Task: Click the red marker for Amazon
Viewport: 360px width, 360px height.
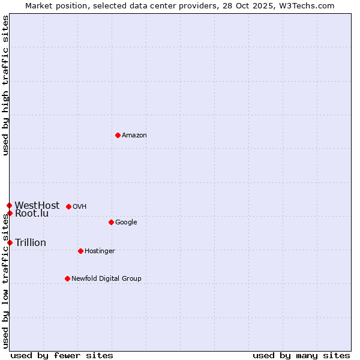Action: (118, 135)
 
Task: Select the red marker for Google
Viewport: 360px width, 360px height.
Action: (111, 222)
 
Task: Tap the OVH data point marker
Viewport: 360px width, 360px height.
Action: (68, 206)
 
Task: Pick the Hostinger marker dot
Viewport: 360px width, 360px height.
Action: (80, 251)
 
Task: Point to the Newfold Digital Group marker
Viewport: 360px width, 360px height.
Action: (67, 278)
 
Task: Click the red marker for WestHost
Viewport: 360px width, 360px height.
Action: (9, 205)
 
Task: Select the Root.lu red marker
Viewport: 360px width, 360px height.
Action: (10, 213)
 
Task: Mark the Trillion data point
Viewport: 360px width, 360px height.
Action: (10, 242)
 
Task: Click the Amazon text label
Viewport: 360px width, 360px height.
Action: (134, 136)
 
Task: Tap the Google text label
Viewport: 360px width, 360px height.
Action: (126, 223)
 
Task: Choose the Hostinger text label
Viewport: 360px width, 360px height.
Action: (100, 251)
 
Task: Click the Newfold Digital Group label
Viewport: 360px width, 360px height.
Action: (106, 279)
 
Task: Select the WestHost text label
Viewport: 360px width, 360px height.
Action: (37, 205)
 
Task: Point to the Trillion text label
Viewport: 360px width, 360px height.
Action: (31, 242)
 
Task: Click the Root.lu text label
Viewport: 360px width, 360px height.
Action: (32, 214)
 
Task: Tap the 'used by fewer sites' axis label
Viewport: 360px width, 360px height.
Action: (62, 355)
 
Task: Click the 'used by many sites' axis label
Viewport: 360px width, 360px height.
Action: (301, 355)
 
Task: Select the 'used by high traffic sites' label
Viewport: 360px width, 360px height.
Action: (5, 85)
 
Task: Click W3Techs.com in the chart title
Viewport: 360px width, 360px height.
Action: (306, 5)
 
